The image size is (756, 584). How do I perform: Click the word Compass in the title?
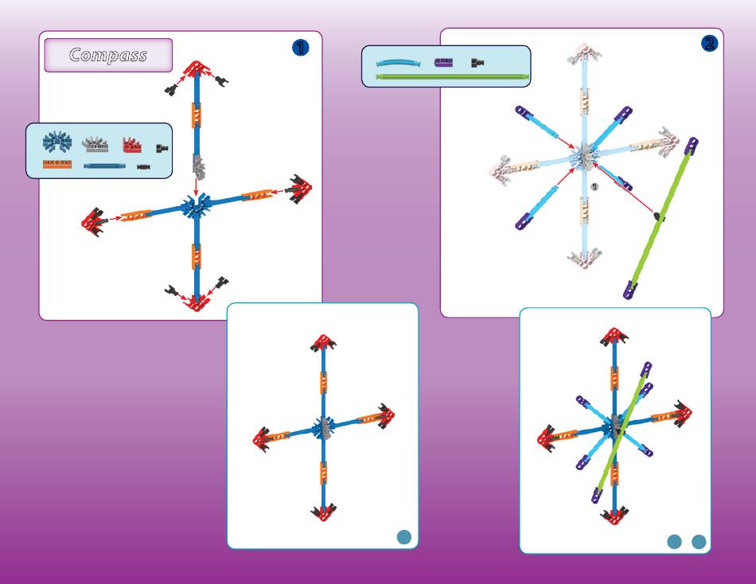[x=108, y=55]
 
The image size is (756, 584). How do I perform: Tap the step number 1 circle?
[x=300, y=48]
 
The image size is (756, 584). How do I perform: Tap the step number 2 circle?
[x=709, y=44]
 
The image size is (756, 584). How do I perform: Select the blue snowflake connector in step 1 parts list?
[x=57, y=142]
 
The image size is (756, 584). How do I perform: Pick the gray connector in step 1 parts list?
[x=95, y=144]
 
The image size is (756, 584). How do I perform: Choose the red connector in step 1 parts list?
[x=131, y=145]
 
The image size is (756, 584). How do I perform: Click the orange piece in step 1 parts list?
[x=57, y=165]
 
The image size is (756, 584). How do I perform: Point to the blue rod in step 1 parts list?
[x=104, y=166]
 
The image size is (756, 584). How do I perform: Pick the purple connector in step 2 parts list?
[x=443, y=62]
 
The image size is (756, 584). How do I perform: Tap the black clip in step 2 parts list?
[x=477, y=62]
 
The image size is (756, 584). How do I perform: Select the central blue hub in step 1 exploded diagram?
[x=194, y=208]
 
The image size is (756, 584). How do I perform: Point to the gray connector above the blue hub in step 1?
[x=197, y=167]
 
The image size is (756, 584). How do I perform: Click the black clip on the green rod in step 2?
[x=659, y=216]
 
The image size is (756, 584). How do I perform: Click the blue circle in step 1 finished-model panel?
[x=404, y=537]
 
